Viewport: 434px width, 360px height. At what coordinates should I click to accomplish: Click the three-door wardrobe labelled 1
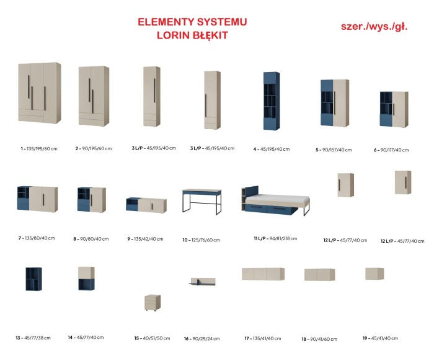pos(40,92)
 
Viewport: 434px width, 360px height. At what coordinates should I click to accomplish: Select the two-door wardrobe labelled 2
pos(94,96)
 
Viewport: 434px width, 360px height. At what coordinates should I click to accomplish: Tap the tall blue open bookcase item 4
pos(272,101)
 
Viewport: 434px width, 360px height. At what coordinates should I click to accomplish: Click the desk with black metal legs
pos(201,202)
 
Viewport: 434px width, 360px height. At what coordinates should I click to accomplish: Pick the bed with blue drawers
pos(276,200)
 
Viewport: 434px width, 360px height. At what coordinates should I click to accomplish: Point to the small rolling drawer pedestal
pos(153,302)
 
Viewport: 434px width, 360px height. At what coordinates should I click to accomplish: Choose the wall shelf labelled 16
pos(202,282)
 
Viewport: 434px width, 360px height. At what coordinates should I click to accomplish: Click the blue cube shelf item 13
pos(33,279)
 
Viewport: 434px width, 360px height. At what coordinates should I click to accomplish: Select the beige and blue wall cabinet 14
pos(86,278)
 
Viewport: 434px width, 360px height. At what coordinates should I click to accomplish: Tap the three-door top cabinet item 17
pos(263,274)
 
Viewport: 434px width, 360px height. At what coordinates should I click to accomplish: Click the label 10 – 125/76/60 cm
pos(201,240)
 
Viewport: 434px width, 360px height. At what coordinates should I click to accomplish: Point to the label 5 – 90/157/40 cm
pos(334,150)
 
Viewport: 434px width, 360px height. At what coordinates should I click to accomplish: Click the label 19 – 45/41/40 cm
pos(380,338)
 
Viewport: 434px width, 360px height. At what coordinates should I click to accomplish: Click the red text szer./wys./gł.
pos(374,27)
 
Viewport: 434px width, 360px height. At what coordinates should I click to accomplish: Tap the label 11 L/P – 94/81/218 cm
pos(275,238)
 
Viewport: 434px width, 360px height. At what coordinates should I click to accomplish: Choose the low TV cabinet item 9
pos(146,205)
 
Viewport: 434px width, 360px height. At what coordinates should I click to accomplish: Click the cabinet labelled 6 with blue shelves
pos(394,109)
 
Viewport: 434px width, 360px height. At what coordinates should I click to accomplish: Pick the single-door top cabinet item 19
pos(374,274)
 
